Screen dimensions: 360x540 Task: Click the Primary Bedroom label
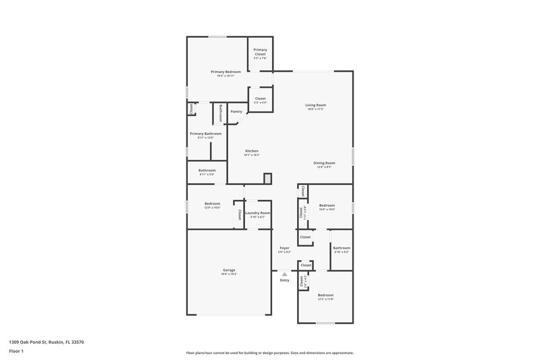(225, 72)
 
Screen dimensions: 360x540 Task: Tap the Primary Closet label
(260, 51)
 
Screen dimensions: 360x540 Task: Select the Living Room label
(315, 105)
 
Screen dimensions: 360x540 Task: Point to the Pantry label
(236, 111)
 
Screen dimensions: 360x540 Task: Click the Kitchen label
(252, 151)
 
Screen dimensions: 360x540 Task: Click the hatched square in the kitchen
(267, 178)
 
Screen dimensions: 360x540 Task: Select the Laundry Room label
(257, 213)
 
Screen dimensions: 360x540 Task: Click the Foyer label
(284, 248)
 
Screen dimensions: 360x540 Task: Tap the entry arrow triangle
(285, 274)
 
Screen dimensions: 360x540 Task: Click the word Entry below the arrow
(285, 280)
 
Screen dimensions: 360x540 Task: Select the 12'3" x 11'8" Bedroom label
(326, 295)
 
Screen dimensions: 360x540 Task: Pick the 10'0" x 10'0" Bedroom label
(327, 205)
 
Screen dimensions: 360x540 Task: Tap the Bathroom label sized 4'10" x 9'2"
(340, 249)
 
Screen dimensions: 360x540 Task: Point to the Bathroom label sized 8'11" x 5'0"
(207, 170)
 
